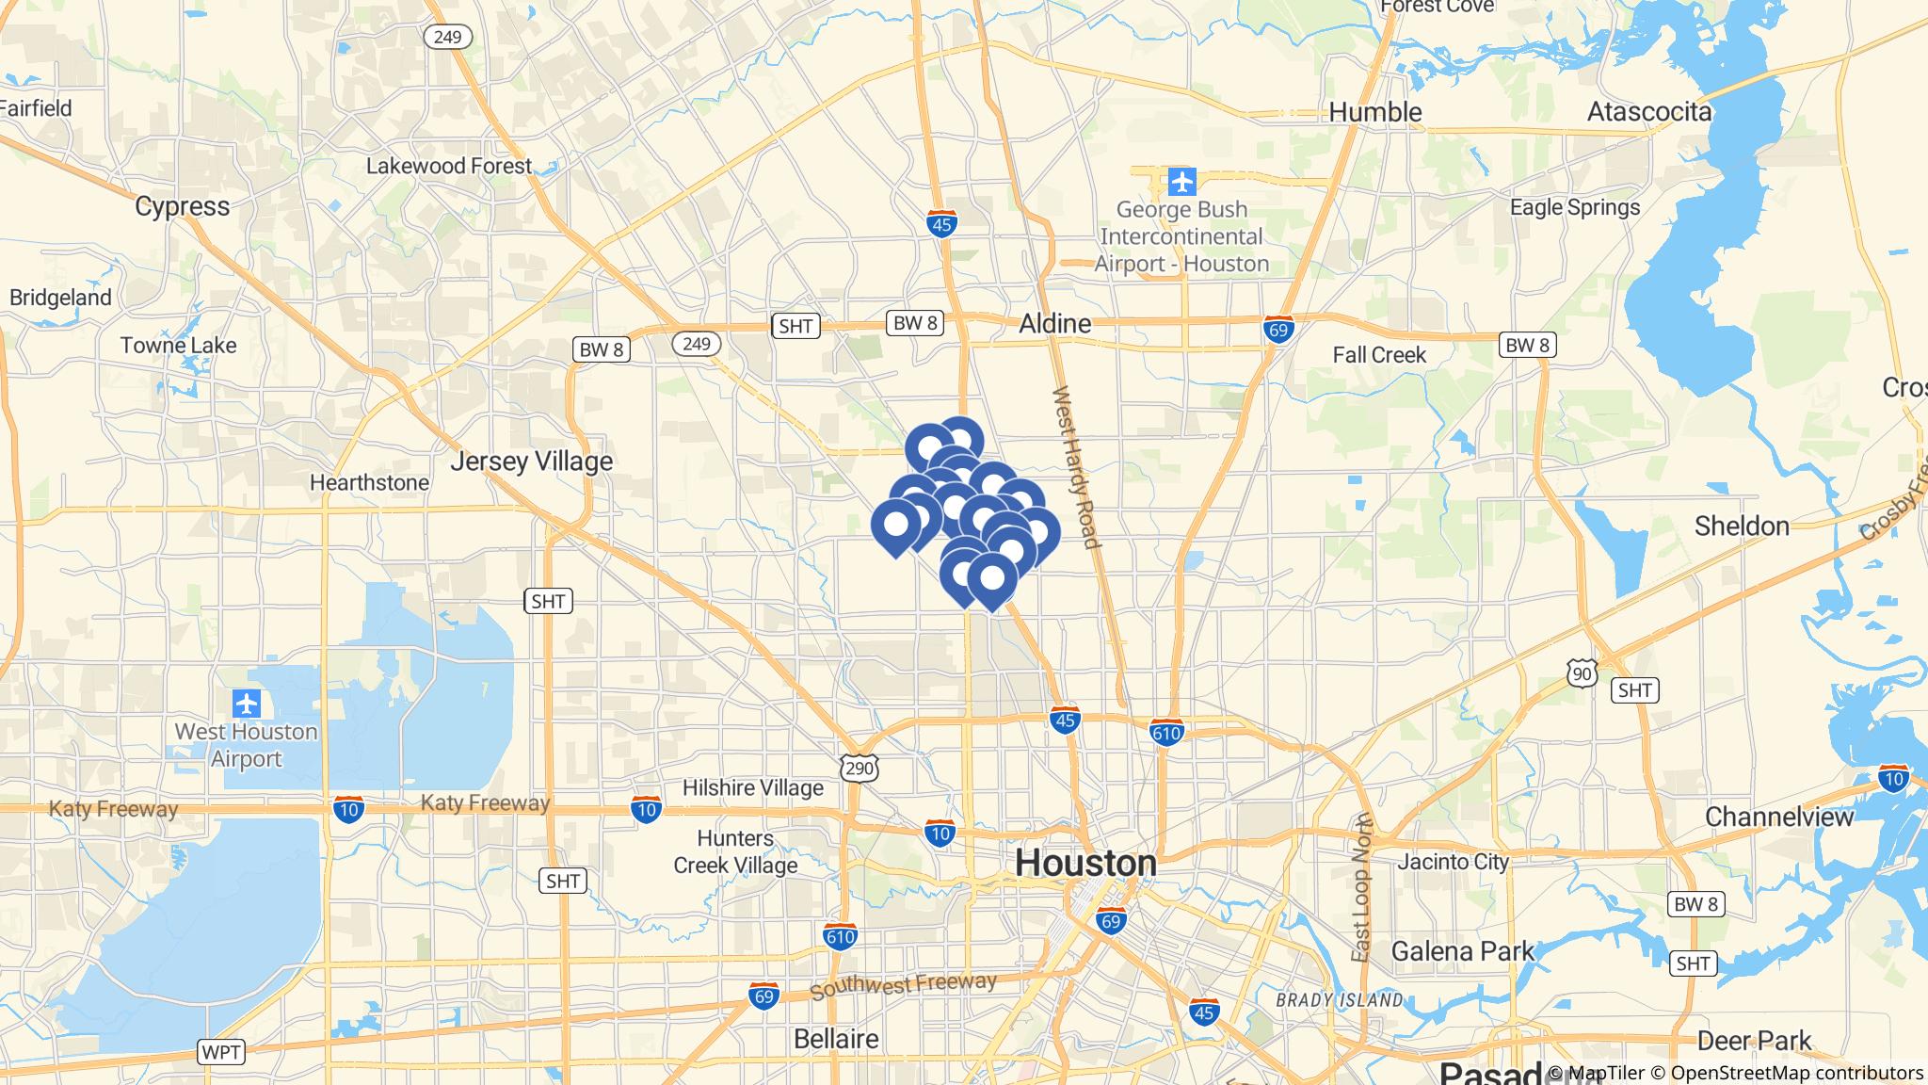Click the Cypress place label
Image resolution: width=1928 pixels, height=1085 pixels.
pyautogui.click(x=182, y=207)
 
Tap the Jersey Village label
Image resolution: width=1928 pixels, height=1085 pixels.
pyautogui.click(x=531, y=462)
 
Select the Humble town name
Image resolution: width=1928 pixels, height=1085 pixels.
pyautogui.click(x=1374, y=113)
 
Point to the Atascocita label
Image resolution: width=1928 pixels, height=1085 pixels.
pyautogui.click(x=1648, y=113)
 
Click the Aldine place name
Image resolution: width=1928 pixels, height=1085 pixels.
pyautogui.click(x=1055, y=324)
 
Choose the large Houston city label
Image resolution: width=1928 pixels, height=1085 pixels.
pyautogui.click(x=1085, y=863)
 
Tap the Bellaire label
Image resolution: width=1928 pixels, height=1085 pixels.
pyautogui.click(x=836, y=1039)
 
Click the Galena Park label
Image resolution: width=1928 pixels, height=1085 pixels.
pyautogui.click(x=1462, y=951)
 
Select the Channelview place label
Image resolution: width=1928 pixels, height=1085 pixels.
pyautogui.click(x=1778, y=817)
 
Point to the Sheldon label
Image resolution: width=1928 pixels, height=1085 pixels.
pyautogui.click(x=1742, y=526)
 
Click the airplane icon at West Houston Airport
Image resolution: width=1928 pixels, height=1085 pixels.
pyautogui.click(x=247, y=703)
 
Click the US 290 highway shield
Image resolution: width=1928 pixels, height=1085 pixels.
pyautogui.click(x=860, y=768)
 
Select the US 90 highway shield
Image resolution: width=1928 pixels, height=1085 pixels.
pyautogui.click(x=1583, y=672)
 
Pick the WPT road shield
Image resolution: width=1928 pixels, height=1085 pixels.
pyautogui.click(x=221, y=1051)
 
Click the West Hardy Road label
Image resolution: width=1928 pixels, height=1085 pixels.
pyautogui.click(x=1075, y=467)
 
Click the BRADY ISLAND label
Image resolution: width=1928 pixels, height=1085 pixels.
pyautogui.click(x=1339, y=1000)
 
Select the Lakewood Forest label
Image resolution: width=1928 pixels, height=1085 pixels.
pyautogui.click(x=449, y=167)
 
